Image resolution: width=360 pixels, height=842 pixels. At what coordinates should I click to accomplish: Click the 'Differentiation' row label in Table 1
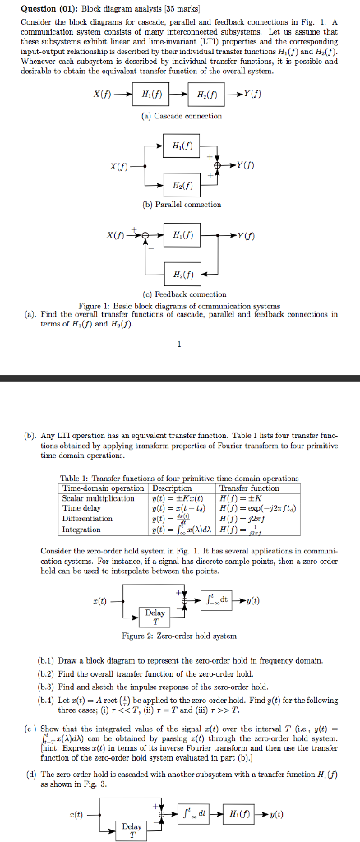point(86,518)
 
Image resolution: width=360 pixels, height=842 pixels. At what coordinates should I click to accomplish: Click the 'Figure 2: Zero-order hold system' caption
point(178,636)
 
